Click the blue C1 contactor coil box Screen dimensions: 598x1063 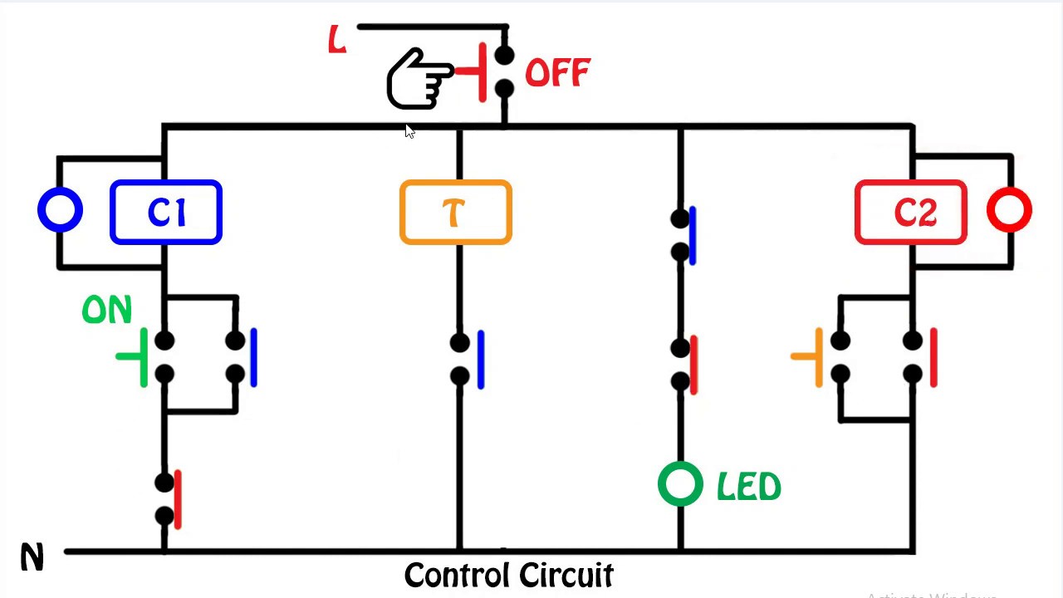pos(166,213)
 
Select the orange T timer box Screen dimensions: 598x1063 pos(455,213)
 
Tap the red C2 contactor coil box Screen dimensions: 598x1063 pos(911,213)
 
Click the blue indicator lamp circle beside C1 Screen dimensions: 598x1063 pos(60,211)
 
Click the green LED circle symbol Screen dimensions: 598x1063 pos(680,484)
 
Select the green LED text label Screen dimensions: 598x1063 pos(748,488)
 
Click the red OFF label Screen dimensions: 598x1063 pos(557,73)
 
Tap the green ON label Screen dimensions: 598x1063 pos(107,311)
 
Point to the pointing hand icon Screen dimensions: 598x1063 pos(419,79)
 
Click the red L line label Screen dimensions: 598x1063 pos(336,40)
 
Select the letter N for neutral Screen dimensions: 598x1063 pos(32,558)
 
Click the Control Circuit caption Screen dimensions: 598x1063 pos(508,575)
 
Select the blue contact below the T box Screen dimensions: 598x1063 pos(468,359)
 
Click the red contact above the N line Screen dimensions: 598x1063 pos(169,499)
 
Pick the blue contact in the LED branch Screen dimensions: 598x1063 pos(684,235)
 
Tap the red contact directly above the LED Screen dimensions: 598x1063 pos(686,365)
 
